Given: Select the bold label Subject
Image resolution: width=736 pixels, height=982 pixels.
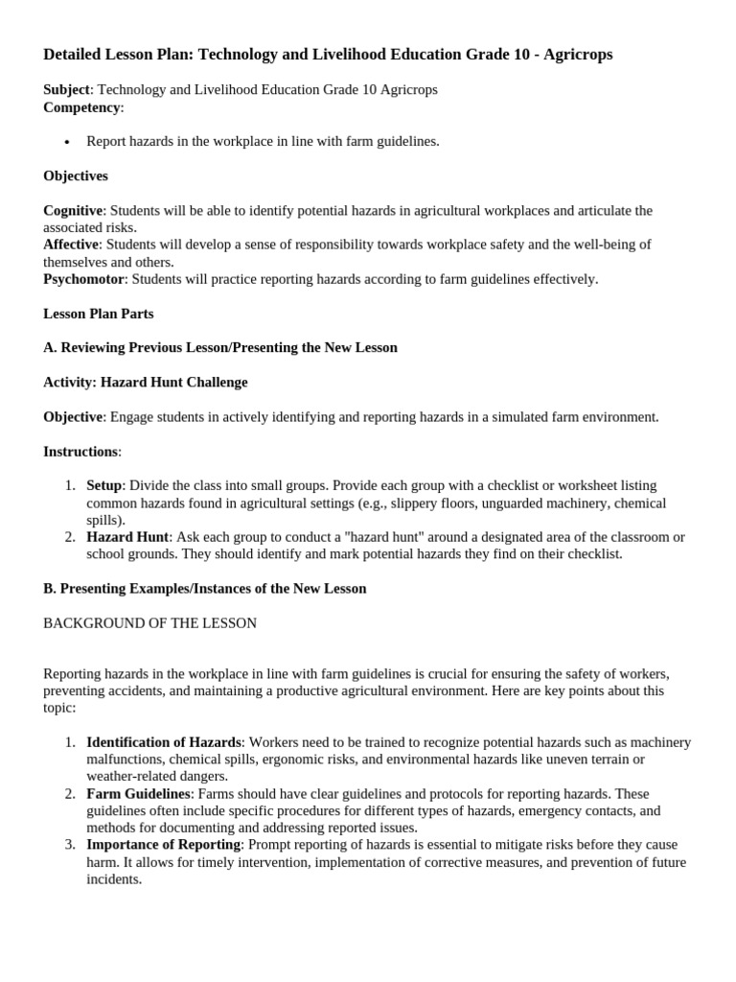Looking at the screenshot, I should click(66, 89).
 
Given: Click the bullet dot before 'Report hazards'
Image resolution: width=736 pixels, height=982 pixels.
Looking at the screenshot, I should click(67, 142).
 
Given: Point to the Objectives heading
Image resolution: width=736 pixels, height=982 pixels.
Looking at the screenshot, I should click(76, 175).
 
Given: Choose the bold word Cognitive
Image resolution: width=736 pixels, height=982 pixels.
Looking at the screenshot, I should click(73, 210).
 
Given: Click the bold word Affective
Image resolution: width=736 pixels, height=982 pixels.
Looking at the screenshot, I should click(71, 245).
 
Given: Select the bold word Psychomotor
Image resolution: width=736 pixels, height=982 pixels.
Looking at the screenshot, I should click(84, 279).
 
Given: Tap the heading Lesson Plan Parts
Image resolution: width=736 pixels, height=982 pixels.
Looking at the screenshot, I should click(98, 314).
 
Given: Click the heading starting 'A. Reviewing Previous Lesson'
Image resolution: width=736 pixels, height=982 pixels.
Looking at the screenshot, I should click(220, 347).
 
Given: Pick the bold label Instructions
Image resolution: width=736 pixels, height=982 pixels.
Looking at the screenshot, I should click(80, 451).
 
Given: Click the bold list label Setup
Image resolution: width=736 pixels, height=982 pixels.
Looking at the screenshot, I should click(103, 485).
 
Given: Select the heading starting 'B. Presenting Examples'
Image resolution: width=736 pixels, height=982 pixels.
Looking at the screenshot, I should click(205, 588).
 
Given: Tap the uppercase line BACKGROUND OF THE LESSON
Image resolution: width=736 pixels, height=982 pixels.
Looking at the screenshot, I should click(149, 622).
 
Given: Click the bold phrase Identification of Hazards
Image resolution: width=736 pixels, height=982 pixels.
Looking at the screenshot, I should click(163, 742).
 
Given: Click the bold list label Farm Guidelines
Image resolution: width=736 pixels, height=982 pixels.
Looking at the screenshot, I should click(138, 793).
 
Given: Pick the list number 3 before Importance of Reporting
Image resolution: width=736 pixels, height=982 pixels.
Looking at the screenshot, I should click(70, 844).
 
